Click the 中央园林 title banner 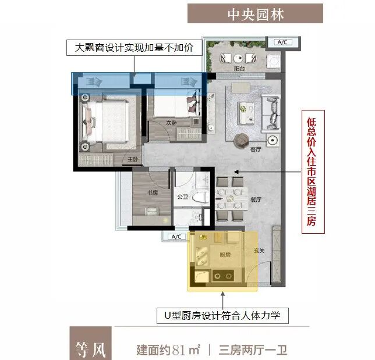point(255,13)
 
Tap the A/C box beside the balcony point(284,42)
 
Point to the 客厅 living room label point(254,149)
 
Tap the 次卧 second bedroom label point(170,123)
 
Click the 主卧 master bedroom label point(132,159)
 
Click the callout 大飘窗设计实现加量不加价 point(129,47)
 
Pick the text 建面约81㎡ point(168,350)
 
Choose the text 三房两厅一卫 point(253,350)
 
